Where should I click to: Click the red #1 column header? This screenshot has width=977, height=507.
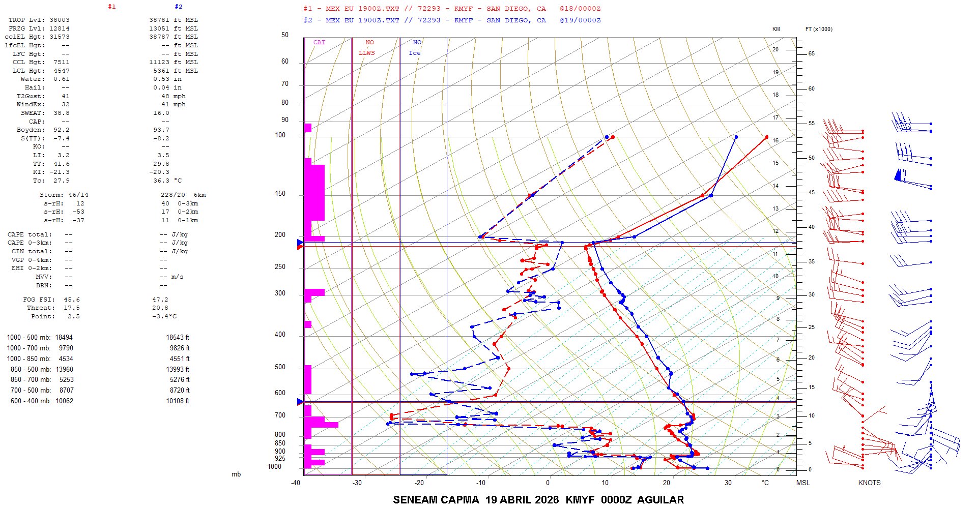[112, 7]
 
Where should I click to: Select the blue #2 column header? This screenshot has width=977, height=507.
[178, 7]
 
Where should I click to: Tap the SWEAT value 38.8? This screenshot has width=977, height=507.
[61, 113]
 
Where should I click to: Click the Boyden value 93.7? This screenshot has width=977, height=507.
[161, 130]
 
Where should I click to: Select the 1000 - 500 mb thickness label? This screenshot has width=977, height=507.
[28, 338]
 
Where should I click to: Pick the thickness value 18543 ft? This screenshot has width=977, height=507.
[177, 338]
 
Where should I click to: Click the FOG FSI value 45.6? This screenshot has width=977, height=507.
[71, 300]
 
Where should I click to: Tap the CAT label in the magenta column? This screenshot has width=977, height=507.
[319, 42]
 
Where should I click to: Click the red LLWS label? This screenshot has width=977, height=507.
[366, 53]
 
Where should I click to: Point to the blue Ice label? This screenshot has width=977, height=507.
[415, 53]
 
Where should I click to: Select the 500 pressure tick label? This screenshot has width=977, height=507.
[280, 367]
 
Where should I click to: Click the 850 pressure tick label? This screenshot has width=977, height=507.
[280, 443]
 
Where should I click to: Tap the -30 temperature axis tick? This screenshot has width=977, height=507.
[357, 483]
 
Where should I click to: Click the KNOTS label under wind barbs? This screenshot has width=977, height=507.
[869, 483]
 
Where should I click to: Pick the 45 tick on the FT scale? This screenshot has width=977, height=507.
[812, 192]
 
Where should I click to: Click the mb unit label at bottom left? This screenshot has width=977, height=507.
[236, 474]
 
